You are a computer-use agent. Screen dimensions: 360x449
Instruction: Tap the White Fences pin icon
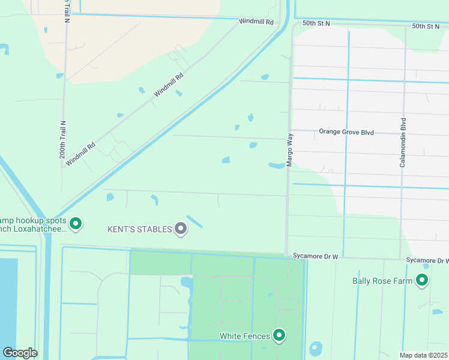pyautogui.click(x=279, y=335)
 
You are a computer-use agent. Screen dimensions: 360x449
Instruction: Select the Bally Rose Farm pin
pyautogui.click(x=422, y=280)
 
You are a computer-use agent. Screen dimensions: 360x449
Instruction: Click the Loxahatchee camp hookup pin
pyautogui.click(x=76, y=224)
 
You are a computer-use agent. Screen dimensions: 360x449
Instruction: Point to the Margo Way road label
pyautogui.click(x=289, y=150)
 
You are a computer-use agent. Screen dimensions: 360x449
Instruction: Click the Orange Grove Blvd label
pyautogui.click(x=346, y=131)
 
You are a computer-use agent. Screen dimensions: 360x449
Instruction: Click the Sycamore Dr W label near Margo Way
pyautogui.click(x=316, y=256)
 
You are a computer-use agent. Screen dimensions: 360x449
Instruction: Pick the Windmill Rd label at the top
pyautogui.click(x=256, y=22)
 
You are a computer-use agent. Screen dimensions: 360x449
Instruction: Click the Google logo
pyautogui.click(x=20, y=353)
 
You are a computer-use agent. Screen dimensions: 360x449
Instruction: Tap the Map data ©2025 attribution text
pyautogui.click(x=423, y=355)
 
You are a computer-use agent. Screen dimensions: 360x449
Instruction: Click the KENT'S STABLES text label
pyautogui.click(x=139, y=229)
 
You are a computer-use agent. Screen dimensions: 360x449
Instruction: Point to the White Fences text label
pyautogui.click(x=244, y=336)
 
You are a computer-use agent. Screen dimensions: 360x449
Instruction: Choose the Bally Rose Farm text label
pyautogui.click(x=382, y=280)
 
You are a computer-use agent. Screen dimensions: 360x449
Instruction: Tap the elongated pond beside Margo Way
pyautogui.click(x=277, y=165)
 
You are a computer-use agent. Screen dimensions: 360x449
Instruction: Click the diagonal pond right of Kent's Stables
pyautogui.click(x=194, y=221)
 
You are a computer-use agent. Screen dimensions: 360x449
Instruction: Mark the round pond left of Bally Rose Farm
pyautogui.click(x=315, y=349)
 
